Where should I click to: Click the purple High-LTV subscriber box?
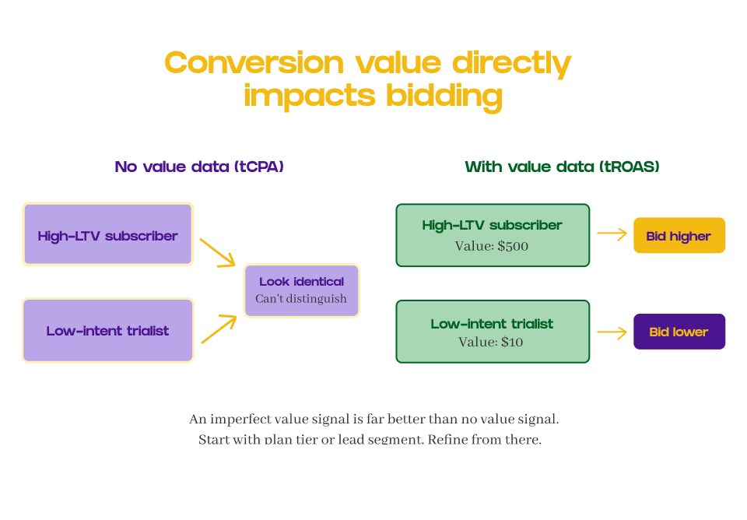[107, 235]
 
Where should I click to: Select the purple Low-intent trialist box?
[107, 331]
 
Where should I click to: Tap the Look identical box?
[302, 290]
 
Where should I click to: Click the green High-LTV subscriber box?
[493, 235]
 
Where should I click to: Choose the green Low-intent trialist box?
[493, 332]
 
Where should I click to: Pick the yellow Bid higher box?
[679, 236]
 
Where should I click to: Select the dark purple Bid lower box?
[679, 332]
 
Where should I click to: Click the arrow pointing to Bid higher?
[612, 234]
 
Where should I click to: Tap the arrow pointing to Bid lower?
[612, 332]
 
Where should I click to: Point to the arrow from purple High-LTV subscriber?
[217, 253]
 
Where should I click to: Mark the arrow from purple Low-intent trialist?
[219, 329]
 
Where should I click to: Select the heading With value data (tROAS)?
[562, 167]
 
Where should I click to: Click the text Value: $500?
[492, 246]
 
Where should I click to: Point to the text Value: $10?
[492, 342]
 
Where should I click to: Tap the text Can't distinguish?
[301, 299]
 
